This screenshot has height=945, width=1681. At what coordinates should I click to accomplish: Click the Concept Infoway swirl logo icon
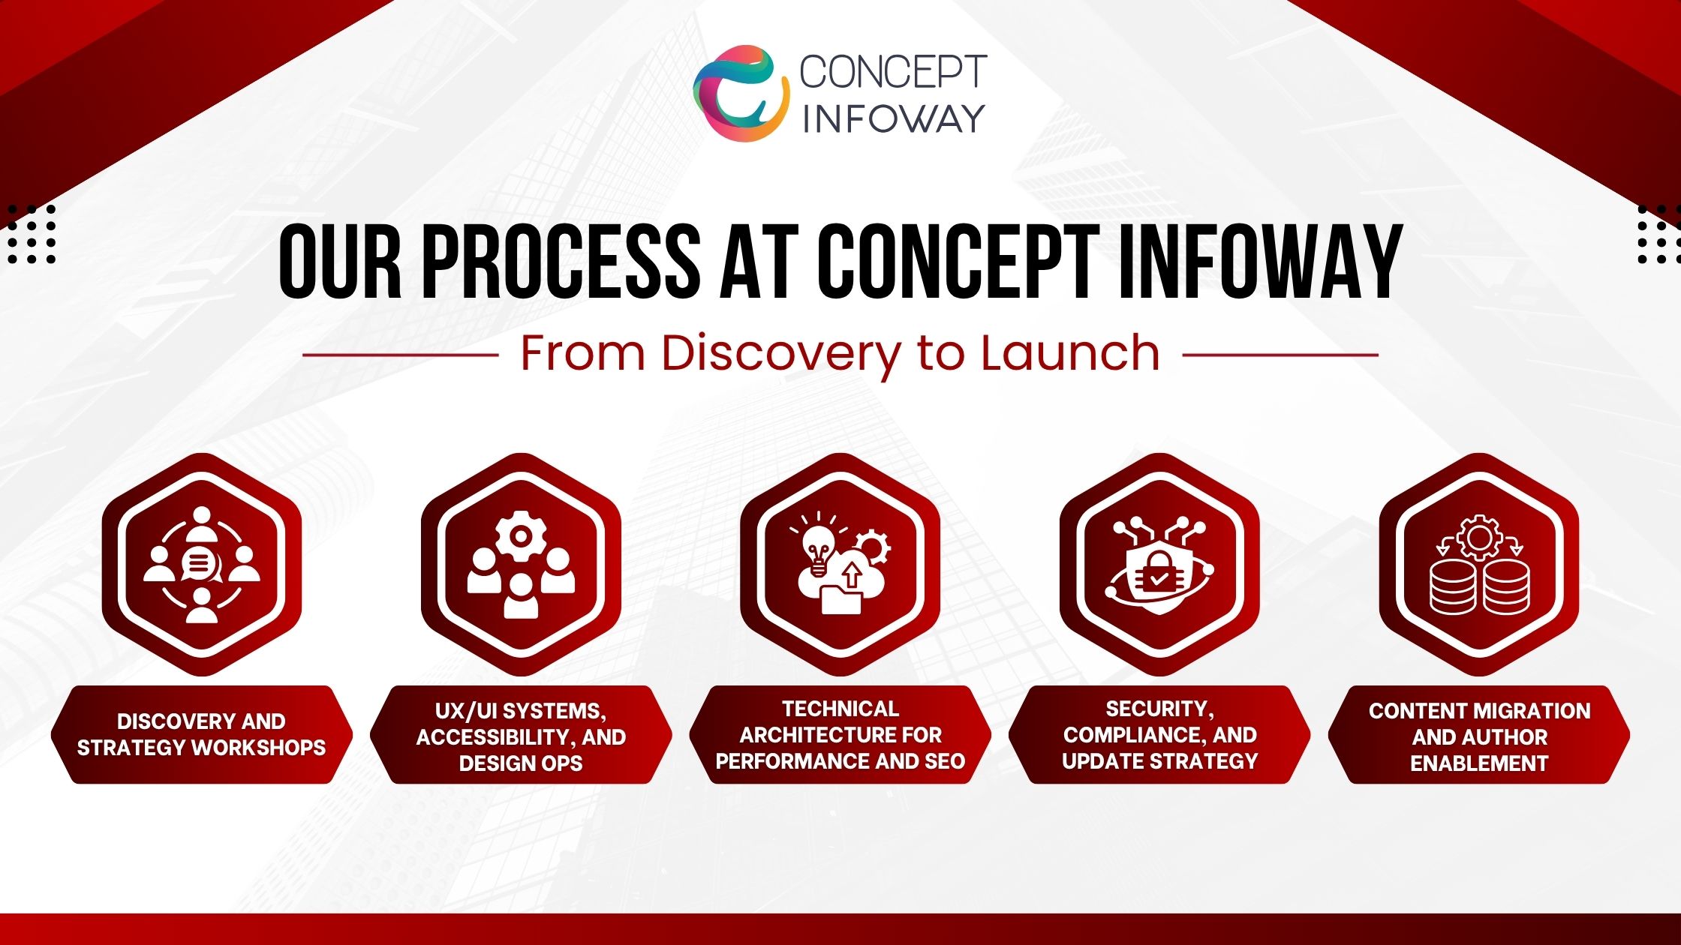pyautogui.click(x=741, y=93)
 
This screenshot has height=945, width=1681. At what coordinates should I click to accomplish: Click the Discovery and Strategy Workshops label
pyautogui.click(x=201, y=734)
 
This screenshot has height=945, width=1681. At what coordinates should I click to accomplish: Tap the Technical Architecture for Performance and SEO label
pyautogui.click(x=840, y=734)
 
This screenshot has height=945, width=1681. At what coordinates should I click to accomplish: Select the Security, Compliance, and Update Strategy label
pyautogui.click(x=1159, y=734)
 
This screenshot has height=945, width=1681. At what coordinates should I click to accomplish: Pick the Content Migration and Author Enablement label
pyautogui.click(x=1479, y=736)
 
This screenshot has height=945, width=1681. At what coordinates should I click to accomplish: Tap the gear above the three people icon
pyautogui.click(x=521, y=535)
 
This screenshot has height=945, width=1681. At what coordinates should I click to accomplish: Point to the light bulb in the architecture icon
pyautogui.click(x=817, y=547)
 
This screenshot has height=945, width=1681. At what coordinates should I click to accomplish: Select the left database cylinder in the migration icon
pyautogui.click(x=1453, y=587)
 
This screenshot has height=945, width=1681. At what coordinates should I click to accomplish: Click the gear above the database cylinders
pyautogui.click(x=1478, y=536)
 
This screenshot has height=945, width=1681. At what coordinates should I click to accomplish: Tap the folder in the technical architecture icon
pyautogui.click(x=841, y=600)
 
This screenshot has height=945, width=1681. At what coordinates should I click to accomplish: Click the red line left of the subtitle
pyautogui.click(x=401, y=355)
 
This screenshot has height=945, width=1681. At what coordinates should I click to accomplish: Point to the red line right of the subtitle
pyautogui.click(x=1280, y=355)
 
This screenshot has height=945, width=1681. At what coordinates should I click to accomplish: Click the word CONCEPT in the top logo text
pyautogui.click(x=893, y=72)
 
